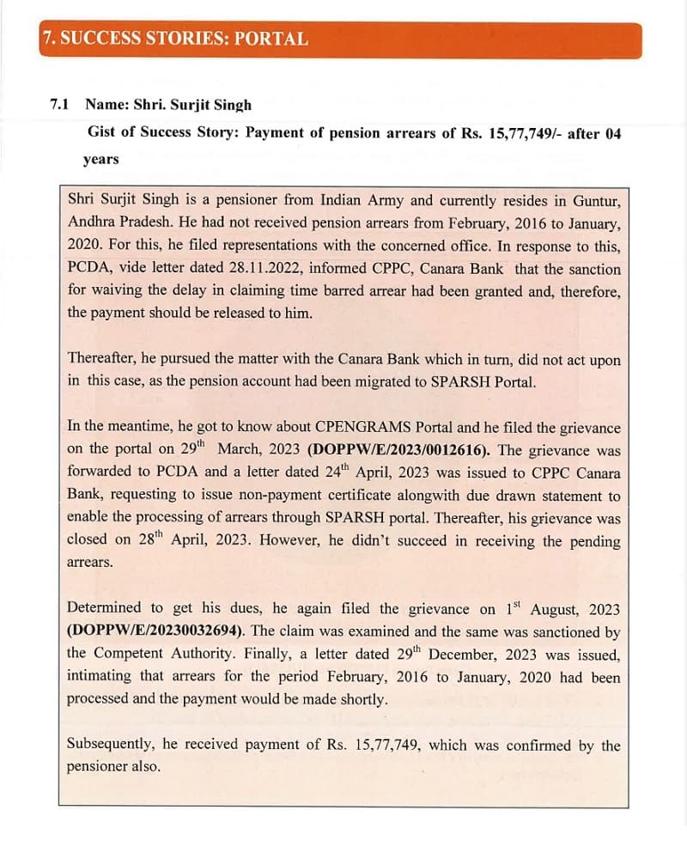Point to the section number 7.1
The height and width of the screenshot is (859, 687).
pos(60,105)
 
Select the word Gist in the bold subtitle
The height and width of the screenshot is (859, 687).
pos(104,133)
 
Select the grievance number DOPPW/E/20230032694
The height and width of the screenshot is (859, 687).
pos(155,631)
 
